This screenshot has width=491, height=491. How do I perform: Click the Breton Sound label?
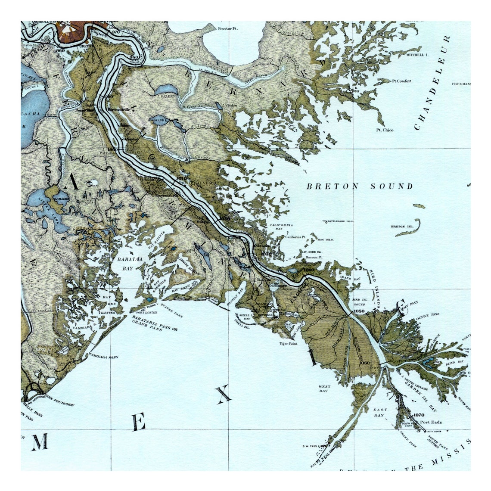359,186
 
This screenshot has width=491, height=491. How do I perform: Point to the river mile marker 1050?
359,311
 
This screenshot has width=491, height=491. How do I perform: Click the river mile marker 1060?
364,363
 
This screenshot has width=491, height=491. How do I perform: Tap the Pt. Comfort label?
401,81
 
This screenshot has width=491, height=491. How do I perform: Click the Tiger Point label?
288,344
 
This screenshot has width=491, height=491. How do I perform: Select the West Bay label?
324,388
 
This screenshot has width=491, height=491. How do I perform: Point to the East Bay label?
380,412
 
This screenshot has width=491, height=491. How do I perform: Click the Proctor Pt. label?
228,28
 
